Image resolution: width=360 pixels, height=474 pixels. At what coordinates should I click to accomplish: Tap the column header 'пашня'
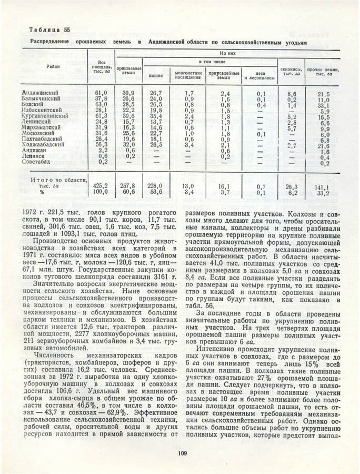pos(155,76)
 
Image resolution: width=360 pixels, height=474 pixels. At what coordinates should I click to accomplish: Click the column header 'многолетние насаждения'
pos(188,76)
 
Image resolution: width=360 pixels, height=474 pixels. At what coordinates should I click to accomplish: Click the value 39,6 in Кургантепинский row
pos(128,115)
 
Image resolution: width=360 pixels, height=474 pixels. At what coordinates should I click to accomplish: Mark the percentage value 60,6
pos(128,192)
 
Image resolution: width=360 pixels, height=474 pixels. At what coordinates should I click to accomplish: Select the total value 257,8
pos(128,186)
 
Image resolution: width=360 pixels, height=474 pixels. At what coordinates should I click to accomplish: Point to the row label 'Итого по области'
pos(58,180)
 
